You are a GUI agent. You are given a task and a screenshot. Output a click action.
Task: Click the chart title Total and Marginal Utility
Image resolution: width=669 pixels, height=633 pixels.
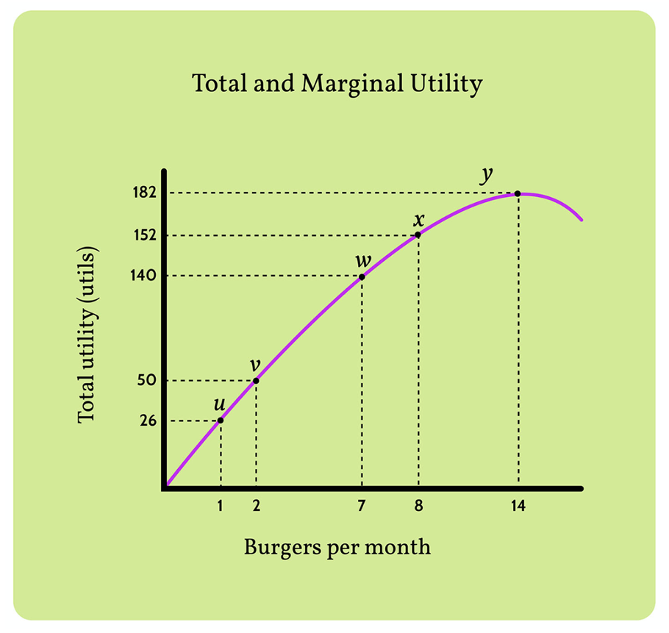tap(337, 84)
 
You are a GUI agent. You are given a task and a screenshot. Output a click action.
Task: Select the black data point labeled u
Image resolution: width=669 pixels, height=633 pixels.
tap(221, 420)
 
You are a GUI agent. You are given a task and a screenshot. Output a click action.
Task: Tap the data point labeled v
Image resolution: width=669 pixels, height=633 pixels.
tap(256, 380)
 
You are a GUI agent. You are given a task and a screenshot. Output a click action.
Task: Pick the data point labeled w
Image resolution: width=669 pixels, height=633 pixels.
tap(362, 276)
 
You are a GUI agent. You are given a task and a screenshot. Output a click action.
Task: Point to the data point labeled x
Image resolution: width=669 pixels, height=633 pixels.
tap(418, 235)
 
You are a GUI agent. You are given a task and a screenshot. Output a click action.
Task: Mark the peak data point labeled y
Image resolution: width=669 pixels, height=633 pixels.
tap(518, 193)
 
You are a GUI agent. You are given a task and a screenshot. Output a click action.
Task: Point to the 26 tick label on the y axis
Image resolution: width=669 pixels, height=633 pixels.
tap(149, 421)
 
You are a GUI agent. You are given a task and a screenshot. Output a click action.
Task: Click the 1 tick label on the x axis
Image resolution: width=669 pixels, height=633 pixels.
tap(221, 507)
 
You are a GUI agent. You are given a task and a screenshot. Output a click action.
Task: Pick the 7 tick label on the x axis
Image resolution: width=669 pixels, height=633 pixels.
tap(362, 507)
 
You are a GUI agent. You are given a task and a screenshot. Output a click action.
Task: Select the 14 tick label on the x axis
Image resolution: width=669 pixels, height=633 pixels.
tap(518, 507)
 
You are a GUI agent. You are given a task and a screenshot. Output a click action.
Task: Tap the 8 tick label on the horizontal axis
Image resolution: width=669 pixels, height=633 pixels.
tap(418, 507)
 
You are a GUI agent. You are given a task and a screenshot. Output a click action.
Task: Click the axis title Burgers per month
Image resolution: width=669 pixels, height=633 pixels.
tap(337, 548)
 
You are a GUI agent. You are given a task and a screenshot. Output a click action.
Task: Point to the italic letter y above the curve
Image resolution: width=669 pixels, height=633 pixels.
tap(486, 174)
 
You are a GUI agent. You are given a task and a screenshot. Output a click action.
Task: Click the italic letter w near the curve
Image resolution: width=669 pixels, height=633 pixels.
tap(362, 260)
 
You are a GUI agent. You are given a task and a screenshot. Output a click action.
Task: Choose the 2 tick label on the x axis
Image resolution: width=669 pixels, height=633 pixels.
tap(256, 507)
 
